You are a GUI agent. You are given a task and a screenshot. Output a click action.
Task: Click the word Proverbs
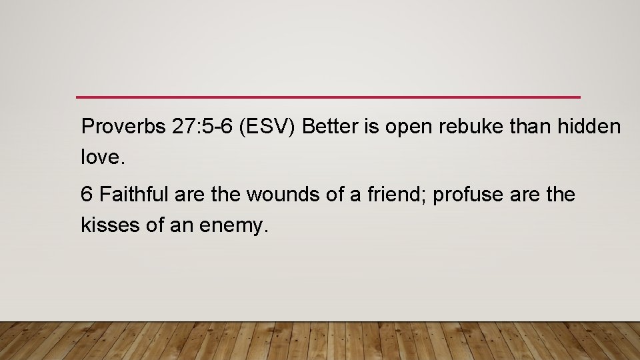pyautogui.click(x=123, y=127)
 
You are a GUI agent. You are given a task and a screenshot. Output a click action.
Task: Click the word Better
pyautogui.click(x=326, y=127)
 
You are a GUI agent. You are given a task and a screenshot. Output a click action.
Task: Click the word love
pyautogui.click(x=100, y=158)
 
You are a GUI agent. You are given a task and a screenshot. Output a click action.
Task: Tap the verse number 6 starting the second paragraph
pyautogui.click(x=86, y=195)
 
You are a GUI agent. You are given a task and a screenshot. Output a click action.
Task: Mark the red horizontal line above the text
pyautogui.click(x=328, y=97)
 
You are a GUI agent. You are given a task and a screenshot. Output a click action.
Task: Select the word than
pyautogui.click(x=529, y=127)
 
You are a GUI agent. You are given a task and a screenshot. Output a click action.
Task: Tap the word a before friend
pyautogui.click(x=354, y=195)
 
